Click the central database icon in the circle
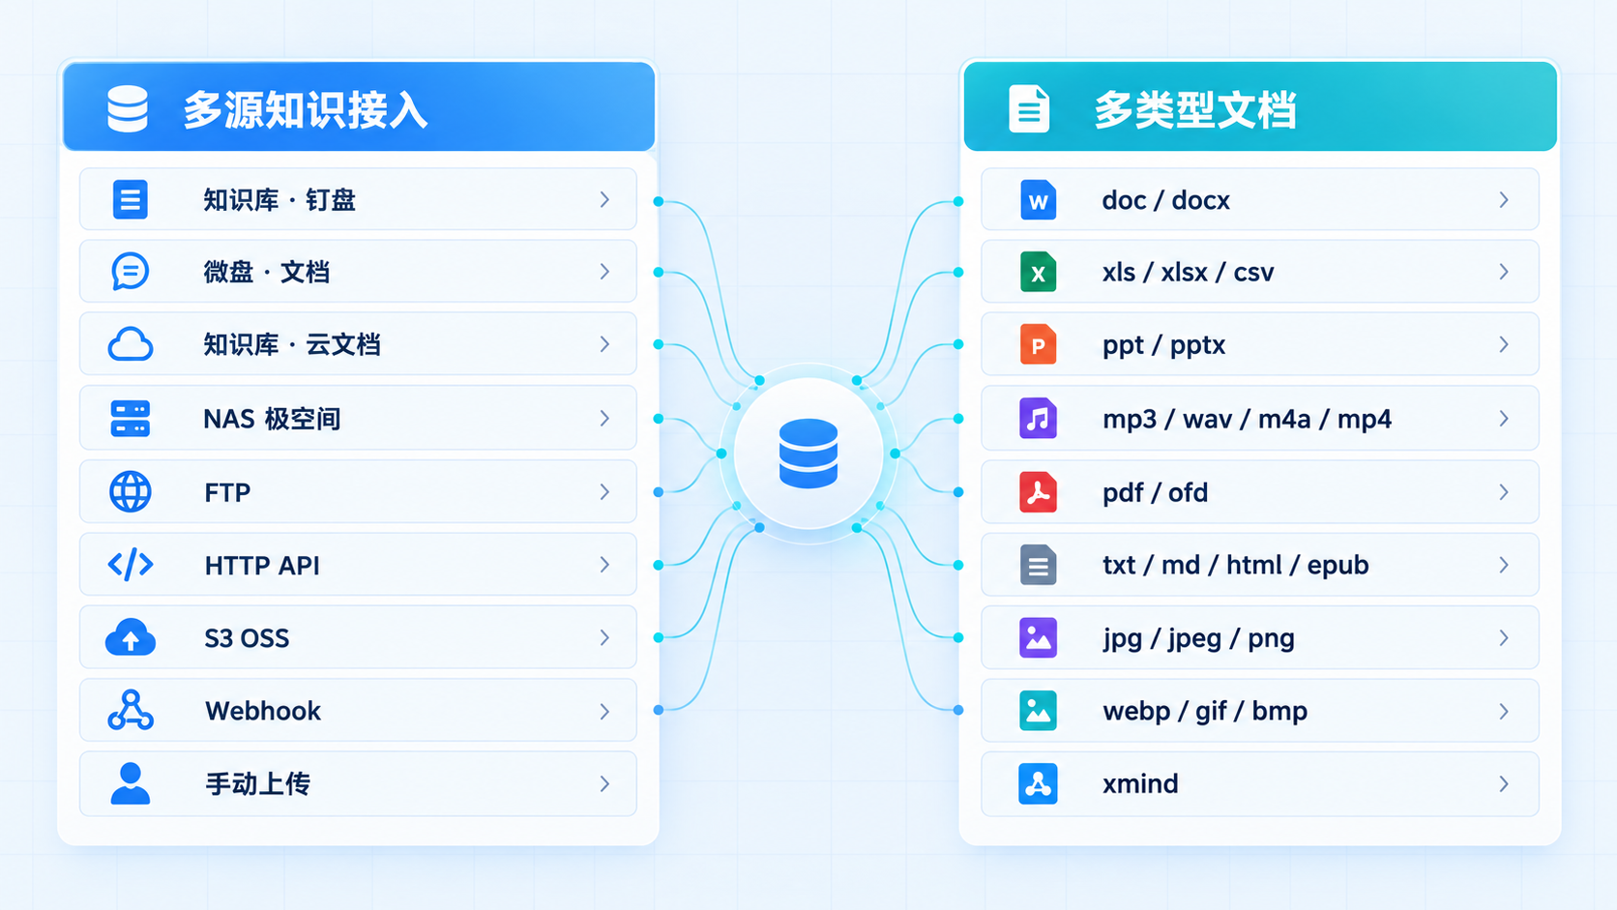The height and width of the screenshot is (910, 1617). tap(808, 454)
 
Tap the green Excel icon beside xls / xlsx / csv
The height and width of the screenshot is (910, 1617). tap(1038, 272)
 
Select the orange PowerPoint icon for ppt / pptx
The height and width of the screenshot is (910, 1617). tap(1038, 345)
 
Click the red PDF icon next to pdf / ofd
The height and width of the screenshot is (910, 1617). tap(1038, 492)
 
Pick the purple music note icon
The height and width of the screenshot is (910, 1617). tap(1038, 419)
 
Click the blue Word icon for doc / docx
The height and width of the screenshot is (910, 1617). tap(1038, 200)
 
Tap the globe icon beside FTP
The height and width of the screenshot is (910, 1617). tap(131, 492)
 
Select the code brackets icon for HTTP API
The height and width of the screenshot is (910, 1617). tap(131, 565)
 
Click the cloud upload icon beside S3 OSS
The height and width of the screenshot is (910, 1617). tap(131, 637)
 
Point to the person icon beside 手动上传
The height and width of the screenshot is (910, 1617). tap(131, 783)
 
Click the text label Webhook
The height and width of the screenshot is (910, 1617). tap(263, 711)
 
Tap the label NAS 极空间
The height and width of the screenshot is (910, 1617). tap(272, 419)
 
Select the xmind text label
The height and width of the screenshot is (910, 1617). tap(1140, 783)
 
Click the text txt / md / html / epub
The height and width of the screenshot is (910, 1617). tap(1236, 565)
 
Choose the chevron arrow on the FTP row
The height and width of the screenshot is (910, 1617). tap(605, 492)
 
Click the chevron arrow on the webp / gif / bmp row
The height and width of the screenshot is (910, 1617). tap(1504, 712)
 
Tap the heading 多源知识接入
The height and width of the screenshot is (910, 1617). tap(305, 110)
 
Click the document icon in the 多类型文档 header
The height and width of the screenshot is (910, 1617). tap(1029, 109)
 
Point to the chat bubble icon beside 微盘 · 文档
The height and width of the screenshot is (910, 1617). tap(131, 272)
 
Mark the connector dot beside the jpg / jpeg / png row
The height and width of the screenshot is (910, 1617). tap(958, 638)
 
